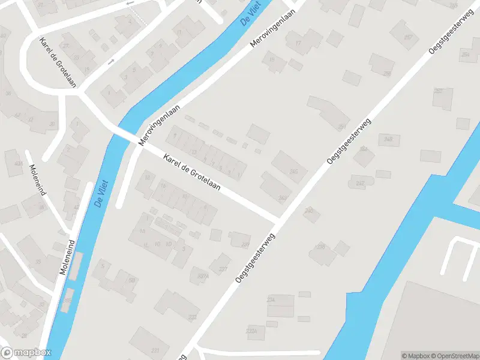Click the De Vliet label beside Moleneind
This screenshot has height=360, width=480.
[x=101, y=193]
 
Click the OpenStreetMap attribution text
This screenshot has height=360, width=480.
[x=454, y=356]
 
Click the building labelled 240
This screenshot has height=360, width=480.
[x=310, y=212]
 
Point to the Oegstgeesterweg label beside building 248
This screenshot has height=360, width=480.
[x=349, y=142]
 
